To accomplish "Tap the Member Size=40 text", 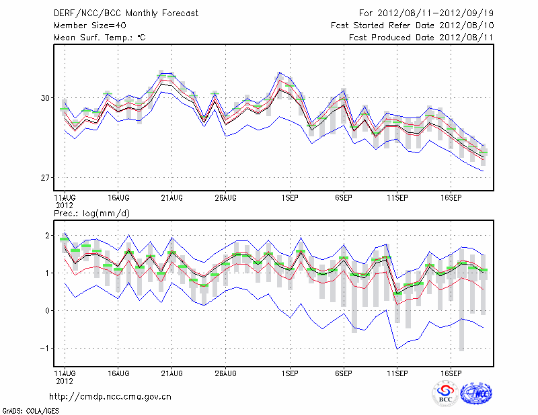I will (85, 25).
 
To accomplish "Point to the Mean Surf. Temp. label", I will (100, 37).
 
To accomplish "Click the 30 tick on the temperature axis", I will (46, 98).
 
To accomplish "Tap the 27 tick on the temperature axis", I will (46, 178).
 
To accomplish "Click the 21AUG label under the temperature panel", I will (172, 198).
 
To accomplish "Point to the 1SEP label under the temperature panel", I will (290, 198).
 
